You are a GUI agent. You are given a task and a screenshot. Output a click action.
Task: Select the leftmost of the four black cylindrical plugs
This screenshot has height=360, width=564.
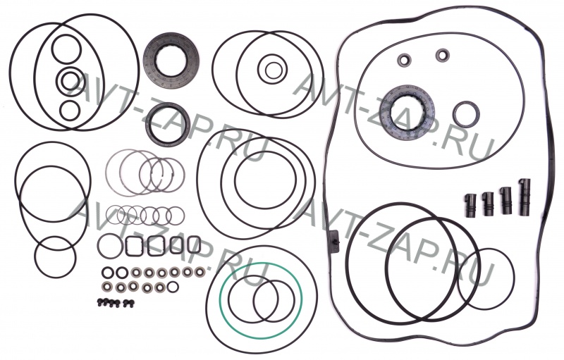[x=471, y=206]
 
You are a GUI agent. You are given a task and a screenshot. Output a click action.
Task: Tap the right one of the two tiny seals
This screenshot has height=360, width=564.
[x=443, y=55]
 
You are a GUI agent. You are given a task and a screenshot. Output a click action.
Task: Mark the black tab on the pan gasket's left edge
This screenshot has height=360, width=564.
[x=334, y=242]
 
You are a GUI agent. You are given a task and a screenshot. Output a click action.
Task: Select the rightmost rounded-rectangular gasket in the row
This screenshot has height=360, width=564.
[x=194, y=244]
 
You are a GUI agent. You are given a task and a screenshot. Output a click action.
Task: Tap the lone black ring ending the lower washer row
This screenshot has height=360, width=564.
[x=173, y=287]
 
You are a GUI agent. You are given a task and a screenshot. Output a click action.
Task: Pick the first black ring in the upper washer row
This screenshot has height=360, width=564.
[x=107, y=273]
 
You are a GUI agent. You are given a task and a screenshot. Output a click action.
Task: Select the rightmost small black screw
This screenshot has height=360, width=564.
[x=127, y=304]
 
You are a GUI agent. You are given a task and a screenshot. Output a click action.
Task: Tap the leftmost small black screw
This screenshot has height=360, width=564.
[x=100, y=302]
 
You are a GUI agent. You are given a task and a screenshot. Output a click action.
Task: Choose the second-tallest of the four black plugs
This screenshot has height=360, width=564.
[x=506, y=201]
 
